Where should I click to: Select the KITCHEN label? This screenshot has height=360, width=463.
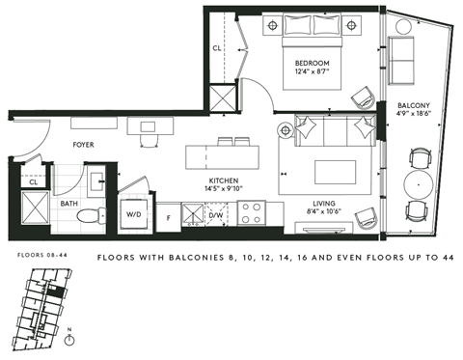click(225, 180)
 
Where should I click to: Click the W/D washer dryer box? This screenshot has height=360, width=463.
click(133, 214)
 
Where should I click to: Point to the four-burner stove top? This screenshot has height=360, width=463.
click(253, 212)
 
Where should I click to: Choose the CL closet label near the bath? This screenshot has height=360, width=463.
click(33, 180)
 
